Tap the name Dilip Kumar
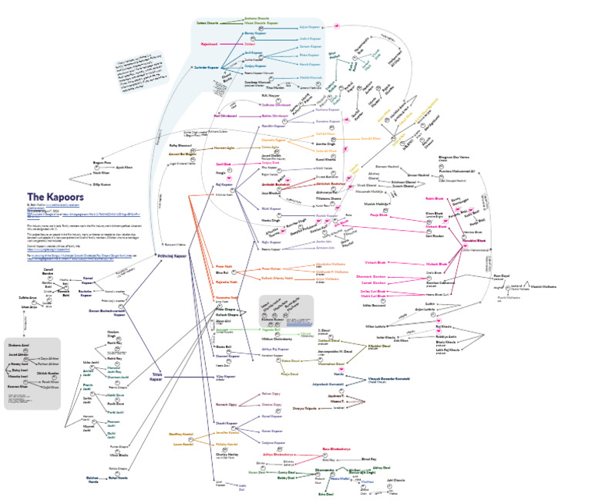click(x=102, y=185)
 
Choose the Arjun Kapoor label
click(x=310, y=25)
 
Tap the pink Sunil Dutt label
click(x=225, y=164)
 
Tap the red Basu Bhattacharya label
click(x=336, y=448)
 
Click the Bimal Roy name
click(x=368, y=458)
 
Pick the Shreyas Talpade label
click(x=305, y=408)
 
